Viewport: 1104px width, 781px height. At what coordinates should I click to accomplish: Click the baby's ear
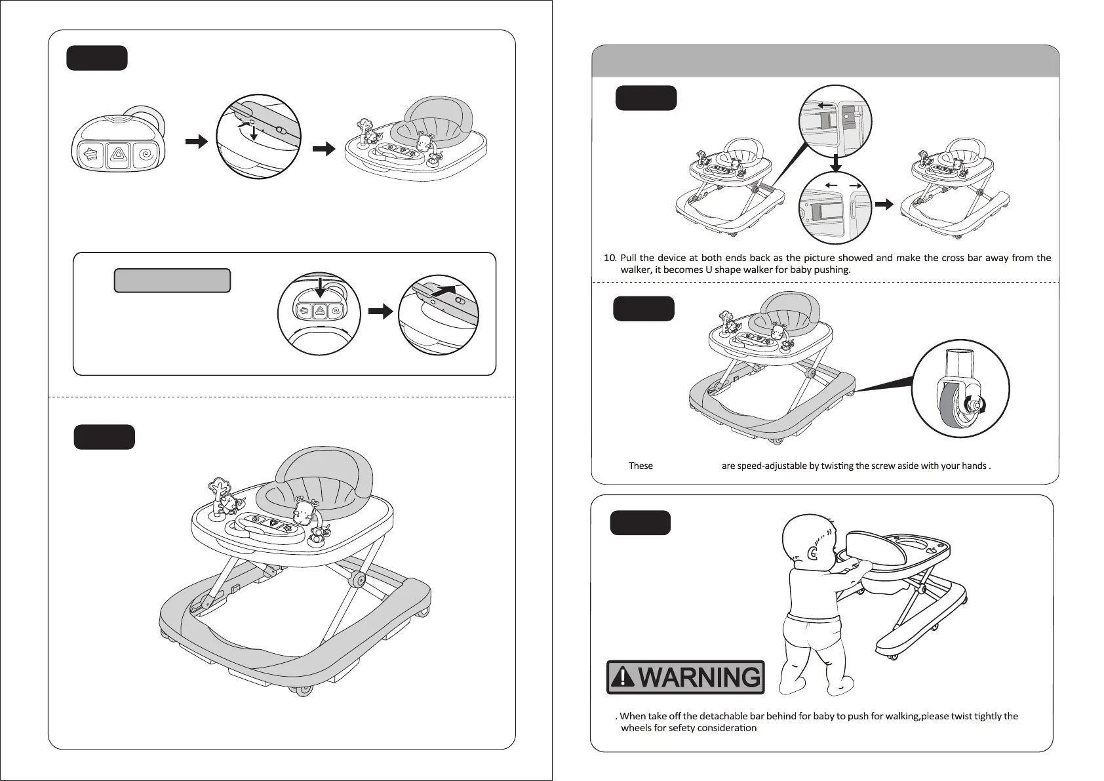coord(814,553)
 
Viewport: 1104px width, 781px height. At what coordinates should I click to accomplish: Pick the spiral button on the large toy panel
coord(145,155)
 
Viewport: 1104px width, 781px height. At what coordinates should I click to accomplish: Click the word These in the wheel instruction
coord(641,466)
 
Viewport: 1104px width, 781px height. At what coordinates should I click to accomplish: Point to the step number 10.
coord(609,258)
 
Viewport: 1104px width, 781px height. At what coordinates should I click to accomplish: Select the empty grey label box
coord(172,280)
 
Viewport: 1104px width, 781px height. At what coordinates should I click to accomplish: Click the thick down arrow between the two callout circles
coord(836,163)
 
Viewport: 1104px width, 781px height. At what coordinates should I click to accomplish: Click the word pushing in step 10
coord(833,270)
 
